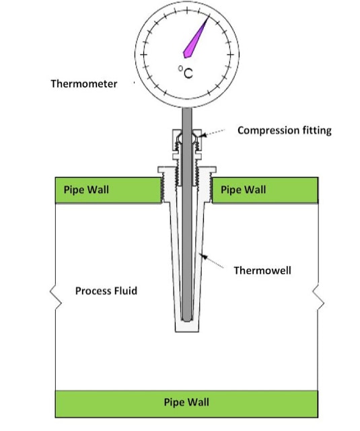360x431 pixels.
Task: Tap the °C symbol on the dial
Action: (x=186, y=72)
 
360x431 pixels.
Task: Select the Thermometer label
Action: (x=84, y=83)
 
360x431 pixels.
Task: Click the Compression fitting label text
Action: (x=285, y=130)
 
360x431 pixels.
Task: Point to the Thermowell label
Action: (x=262, y=270)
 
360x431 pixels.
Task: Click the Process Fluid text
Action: (x=106, y=291)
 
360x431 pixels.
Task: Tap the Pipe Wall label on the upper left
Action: (x=86, y=190)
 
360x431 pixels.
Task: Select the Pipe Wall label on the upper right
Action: (x=243, y=190)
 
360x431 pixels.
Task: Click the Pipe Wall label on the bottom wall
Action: (x=186, y=402)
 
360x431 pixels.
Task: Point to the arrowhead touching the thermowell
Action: (x=203, y=257)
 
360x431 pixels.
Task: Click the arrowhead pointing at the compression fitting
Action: (x=202, y=135)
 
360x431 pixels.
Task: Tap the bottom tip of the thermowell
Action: (x=187, y=331)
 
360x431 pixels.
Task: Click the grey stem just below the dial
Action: (x=187, y=118)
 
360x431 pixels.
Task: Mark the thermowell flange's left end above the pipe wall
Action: (x=159, y=169)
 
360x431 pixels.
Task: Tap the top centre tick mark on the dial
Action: (x=187, y=11)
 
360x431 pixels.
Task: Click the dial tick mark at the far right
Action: (x=230, y=54)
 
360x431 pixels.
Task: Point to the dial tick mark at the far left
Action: (x=143, y=54)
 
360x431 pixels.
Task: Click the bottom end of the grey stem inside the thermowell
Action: (x=187, y=320)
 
